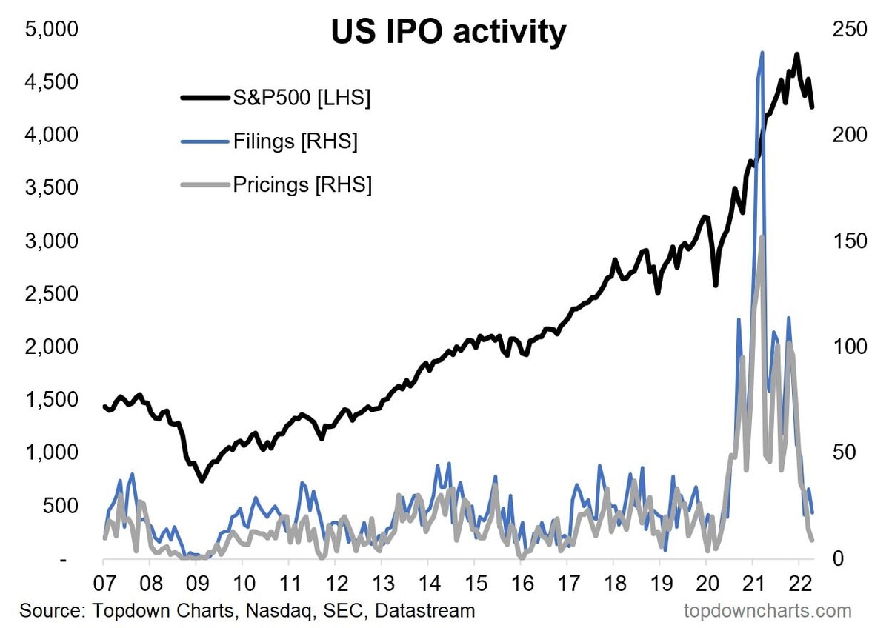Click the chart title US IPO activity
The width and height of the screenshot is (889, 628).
pos(447,32)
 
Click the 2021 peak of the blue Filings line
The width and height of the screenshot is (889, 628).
pos(762,53)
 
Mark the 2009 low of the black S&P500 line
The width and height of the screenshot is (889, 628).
pos(201,481)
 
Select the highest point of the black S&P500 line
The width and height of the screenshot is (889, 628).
pos(796,54)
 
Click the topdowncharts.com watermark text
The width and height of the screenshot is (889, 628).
pos(766,611)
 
